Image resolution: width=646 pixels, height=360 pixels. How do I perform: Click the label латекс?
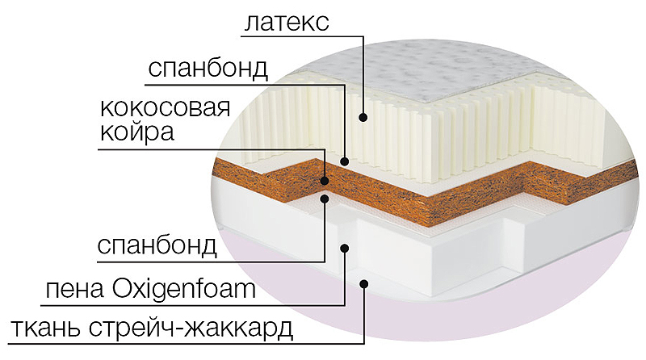(287, 22)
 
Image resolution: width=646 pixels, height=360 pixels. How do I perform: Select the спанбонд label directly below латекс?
(208, 69)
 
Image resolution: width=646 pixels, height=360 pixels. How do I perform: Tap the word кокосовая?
(165, 108)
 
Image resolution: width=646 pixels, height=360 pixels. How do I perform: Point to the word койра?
(136, 132)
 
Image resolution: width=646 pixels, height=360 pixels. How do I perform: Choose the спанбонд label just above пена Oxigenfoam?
(157, 245)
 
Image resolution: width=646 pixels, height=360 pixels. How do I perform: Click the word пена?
(74, 289)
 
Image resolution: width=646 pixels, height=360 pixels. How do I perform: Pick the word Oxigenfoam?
(184, 289)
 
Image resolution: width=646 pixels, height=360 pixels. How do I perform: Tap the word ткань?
(46, 328)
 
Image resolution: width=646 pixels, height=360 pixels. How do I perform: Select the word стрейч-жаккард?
(191, 328)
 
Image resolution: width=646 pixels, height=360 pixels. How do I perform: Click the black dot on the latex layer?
(363, 117)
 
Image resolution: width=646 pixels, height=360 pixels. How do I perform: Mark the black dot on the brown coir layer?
(325, 180)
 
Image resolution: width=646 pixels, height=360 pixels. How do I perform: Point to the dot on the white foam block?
(345, 248)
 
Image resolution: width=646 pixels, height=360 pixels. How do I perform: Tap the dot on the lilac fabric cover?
(364, 283)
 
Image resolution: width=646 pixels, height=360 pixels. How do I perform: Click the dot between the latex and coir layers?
(345, 161)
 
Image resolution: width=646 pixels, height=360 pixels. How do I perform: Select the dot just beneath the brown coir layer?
(325, 199)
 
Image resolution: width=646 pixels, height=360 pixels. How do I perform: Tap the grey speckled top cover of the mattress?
(433, 70)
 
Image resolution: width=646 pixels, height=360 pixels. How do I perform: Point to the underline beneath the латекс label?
(302, 36)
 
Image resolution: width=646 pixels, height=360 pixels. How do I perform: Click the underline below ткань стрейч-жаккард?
(187, 343)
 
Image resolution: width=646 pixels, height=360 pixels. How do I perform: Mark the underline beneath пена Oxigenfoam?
(193, 305)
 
